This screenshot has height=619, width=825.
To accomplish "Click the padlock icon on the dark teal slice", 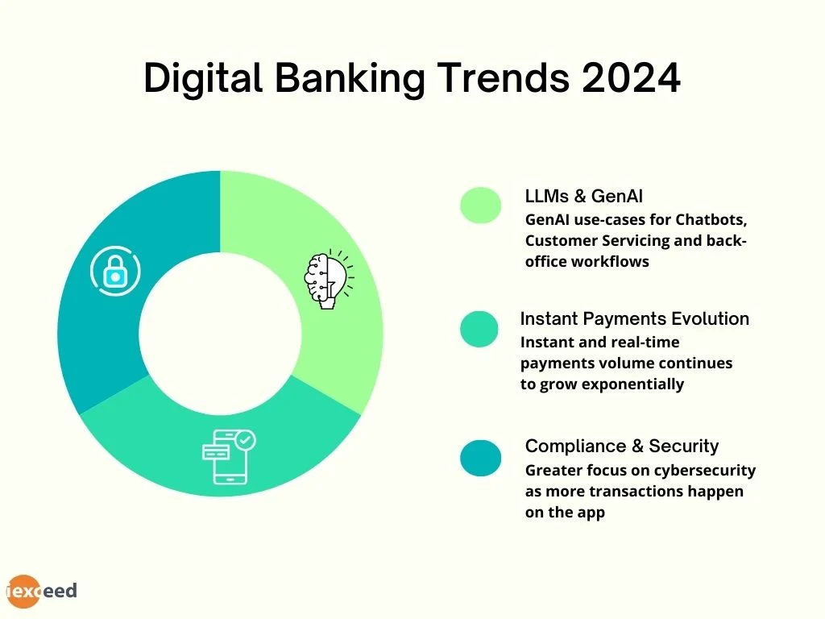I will (114, 271).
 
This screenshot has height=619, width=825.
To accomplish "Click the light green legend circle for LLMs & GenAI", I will (481, 206).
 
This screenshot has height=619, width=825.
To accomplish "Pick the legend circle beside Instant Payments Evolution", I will (479, 330).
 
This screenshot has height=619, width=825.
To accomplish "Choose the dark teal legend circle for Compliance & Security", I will (481, 458).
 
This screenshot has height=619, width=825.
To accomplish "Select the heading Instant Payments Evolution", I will (635, 318).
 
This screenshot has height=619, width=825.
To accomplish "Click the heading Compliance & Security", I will (621, 446).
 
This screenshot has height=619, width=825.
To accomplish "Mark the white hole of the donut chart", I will (220, 333).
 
